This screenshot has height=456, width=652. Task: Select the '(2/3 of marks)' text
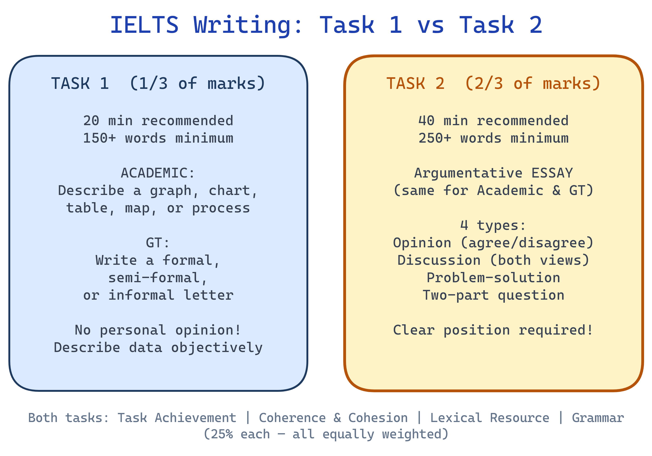point(533,84)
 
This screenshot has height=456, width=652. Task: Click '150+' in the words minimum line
point(99,138)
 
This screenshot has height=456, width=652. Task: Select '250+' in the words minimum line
point(435,138)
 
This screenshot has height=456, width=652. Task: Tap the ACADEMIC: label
point(158,173)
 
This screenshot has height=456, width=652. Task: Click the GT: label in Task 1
point(158,243)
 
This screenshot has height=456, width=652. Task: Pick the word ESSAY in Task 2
point(552,173)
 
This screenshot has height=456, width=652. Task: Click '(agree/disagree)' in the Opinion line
point(527,243)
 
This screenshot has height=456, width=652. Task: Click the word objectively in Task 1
point(217,348)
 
